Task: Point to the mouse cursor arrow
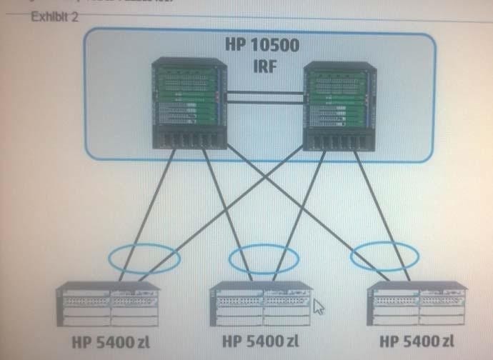pyautogui.click(x=319, y=306)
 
